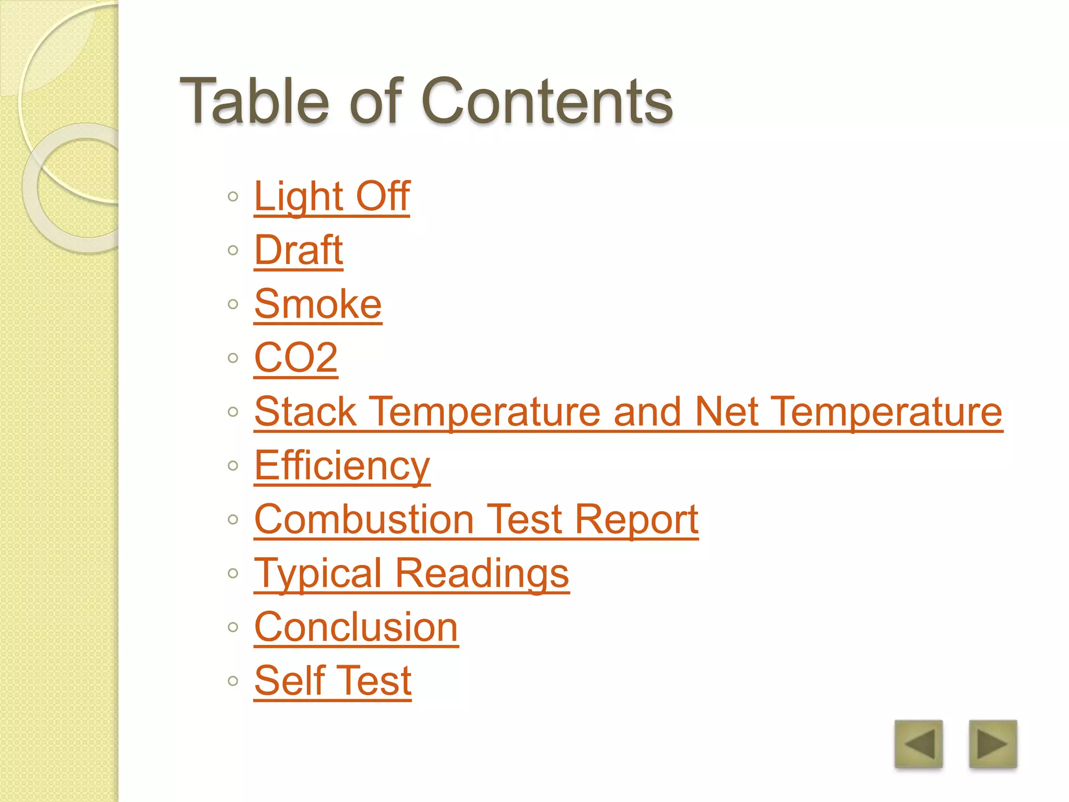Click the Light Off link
point(331,196)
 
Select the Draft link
point(298,250)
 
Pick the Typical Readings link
point(411,573)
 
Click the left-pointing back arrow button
point(919,744)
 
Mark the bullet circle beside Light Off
point(233,197)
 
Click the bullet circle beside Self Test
point(233,681)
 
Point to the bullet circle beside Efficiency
point(233,466)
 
